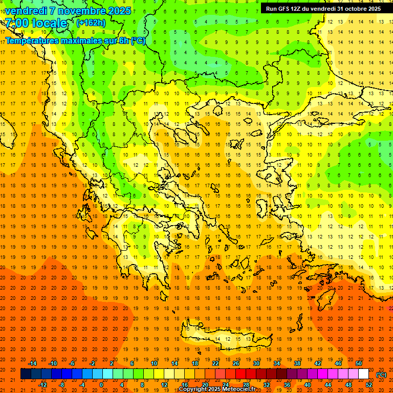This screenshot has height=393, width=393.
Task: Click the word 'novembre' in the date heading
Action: point(78,11)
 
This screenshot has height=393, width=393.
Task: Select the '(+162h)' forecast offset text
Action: point(91,23)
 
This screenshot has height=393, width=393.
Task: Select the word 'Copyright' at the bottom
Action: point(195,389)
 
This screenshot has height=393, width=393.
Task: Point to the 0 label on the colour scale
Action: point(101,385)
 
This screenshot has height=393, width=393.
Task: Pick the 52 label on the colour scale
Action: point(369,385)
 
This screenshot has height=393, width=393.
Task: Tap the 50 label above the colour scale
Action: point(359,363)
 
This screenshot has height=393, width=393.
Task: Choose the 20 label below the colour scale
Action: point(205,385)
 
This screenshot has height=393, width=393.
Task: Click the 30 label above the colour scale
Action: point(256,363)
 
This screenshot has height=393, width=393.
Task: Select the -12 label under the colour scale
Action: point(42,385)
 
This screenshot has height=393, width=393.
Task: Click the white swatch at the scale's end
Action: point(364,374)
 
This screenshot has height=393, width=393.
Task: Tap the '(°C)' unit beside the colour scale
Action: point(381,374)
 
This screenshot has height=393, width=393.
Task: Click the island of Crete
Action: point(225,338)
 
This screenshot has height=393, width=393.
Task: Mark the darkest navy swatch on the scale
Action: point(26,374)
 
